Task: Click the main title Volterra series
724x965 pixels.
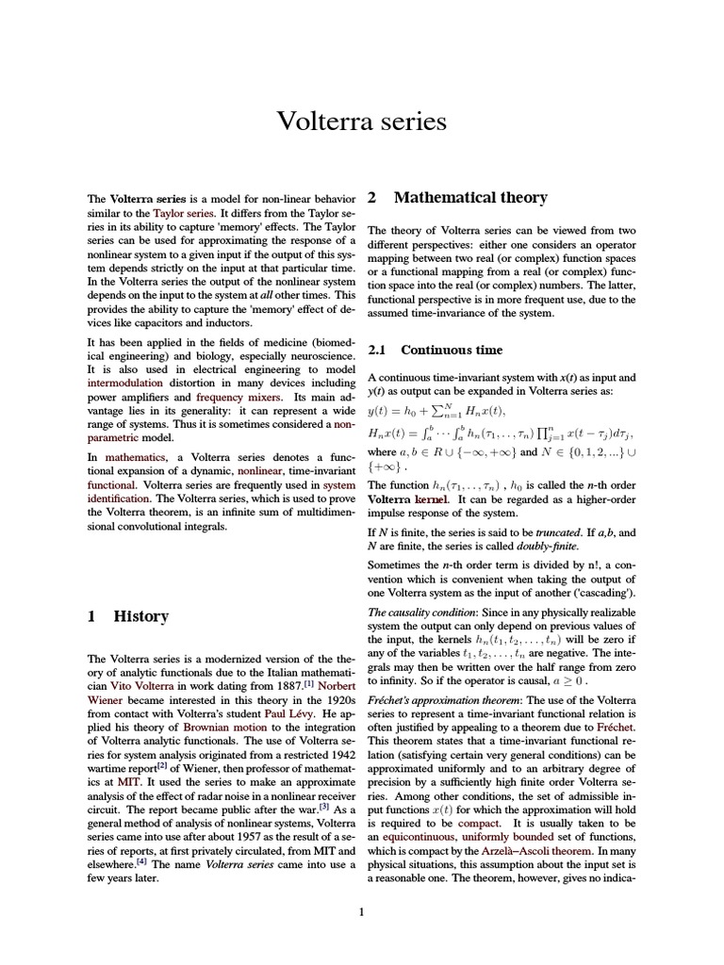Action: [361, 123]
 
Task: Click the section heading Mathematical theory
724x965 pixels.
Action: [469, 198]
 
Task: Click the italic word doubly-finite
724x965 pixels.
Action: [550, 547]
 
